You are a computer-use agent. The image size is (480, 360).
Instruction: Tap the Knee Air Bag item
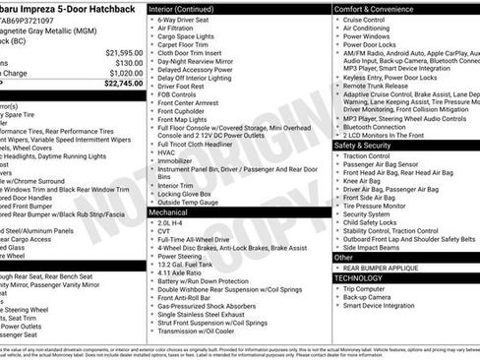[x=363, y=180]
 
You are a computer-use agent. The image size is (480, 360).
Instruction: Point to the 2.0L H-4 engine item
[x=169, y=223]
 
